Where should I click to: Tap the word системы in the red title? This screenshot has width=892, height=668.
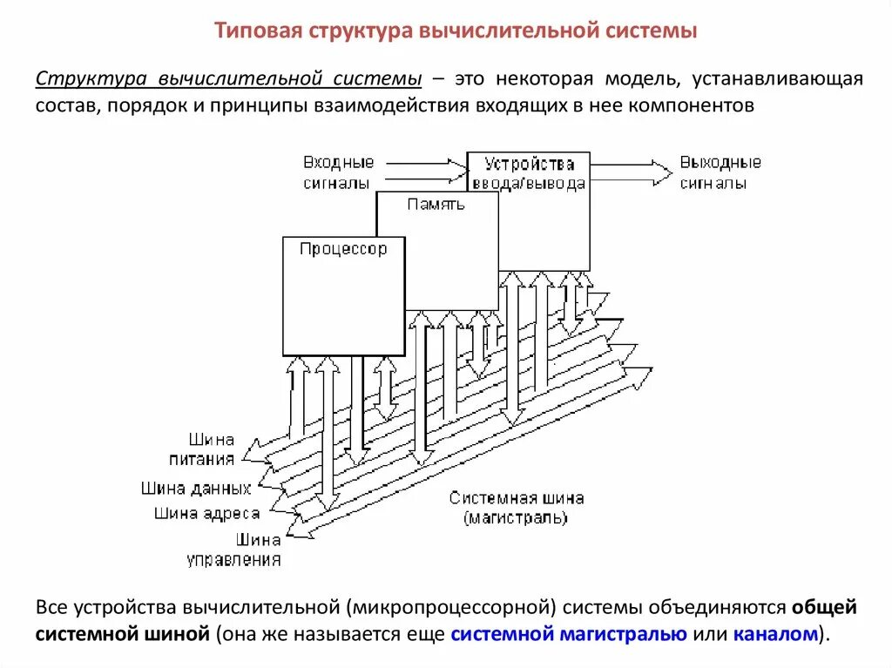pyautogui.click(x=649, y=31)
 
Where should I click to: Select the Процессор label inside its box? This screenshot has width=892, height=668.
pyautogui.click(x=343, y=249)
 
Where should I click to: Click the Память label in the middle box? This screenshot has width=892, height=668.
pyautogui.click(x=436, y=205)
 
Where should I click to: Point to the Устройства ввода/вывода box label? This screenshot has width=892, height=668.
pyautogui.click(x=529, y=173)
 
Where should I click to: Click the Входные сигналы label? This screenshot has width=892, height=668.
pyautogui.click(x=338, y=172)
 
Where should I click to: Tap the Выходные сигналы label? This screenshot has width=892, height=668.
pyautogui.click(x=720, y=172)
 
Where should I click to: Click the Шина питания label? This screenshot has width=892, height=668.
pyautogui.click(x=213, y=449)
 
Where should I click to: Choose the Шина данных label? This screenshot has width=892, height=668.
pyautogui.click(x=197, y=489)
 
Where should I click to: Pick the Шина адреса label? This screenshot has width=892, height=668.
pyautogui.click(x=207, y=513)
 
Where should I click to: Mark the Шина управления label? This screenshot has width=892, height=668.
pyautogui.click(x=234, y=550)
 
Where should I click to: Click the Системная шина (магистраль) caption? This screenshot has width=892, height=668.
pyautogui.click(x=517, y=509)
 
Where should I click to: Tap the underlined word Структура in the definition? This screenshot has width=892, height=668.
pyautogui.click(x=91, y=79)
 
